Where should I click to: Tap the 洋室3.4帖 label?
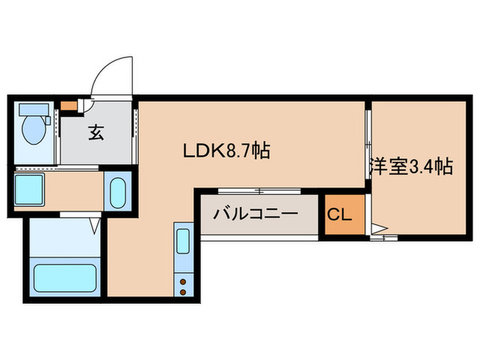coord(411,166)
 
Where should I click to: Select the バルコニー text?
coord(255,213)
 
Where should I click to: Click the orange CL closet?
coord(339,215)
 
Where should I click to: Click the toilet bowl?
coord(32,129)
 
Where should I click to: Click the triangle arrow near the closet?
coord(379,228)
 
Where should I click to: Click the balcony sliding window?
coord(259,191)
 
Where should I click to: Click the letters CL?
coord(339,215)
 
